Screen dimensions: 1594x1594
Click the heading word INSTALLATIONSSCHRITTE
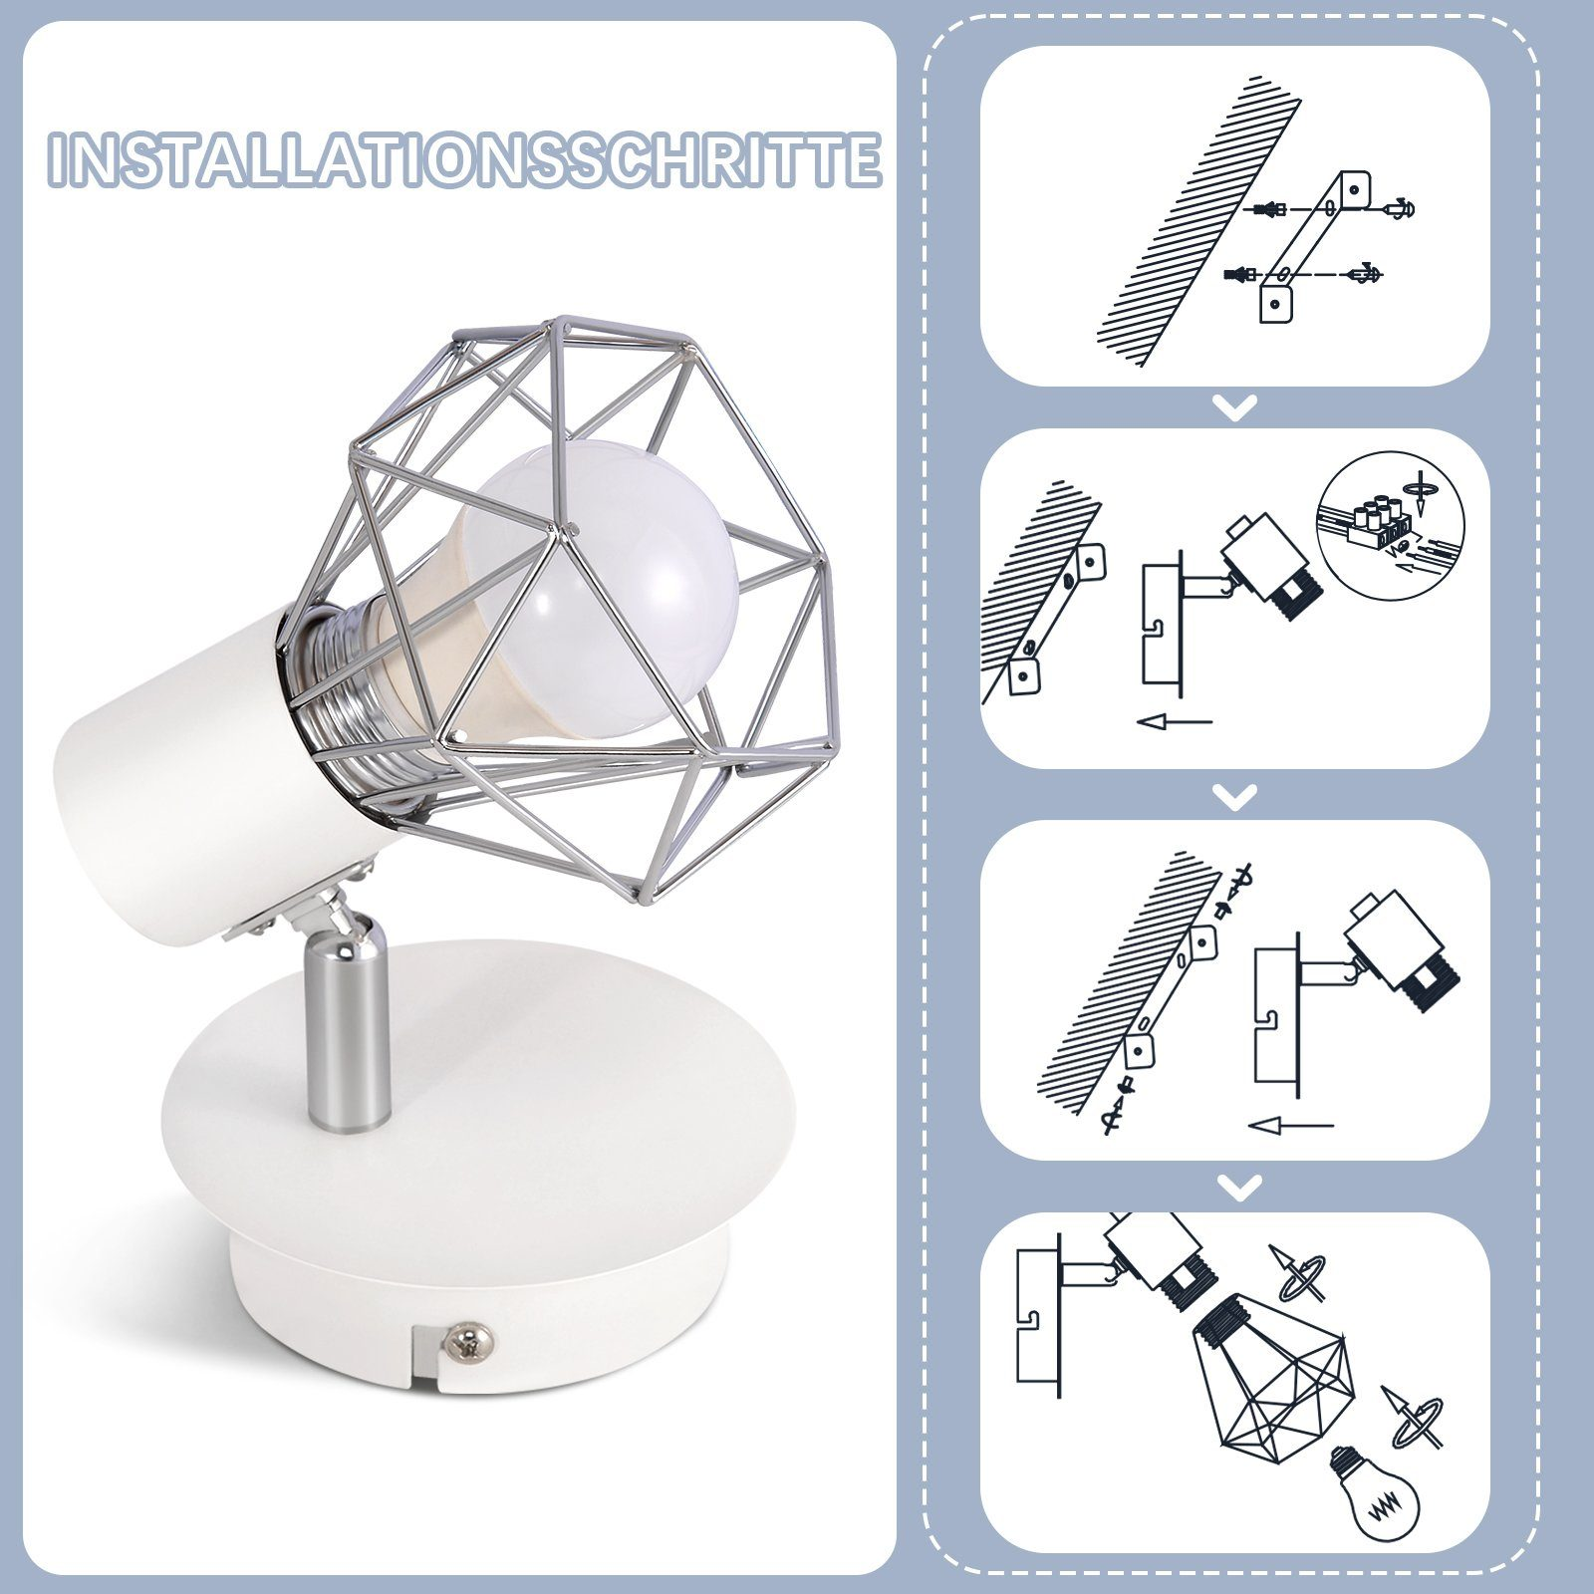464,159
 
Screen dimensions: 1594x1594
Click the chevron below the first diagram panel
1236,407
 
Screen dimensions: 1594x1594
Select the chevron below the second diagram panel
1236,796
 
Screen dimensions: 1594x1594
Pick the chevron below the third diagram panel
1236,1187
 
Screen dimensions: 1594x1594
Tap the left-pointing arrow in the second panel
1175,721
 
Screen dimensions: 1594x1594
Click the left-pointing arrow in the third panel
1290,1127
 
